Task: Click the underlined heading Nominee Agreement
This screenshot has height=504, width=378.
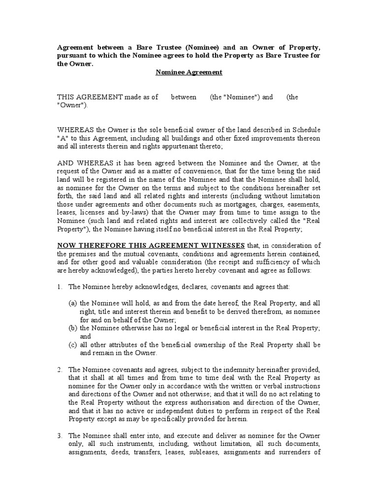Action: (189, 72)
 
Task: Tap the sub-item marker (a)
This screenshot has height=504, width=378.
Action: (73, 304)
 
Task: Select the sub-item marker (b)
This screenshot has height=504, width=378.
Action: (73, 328)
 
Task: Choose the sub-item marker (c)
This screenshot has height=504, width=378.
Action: (73, 345)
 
